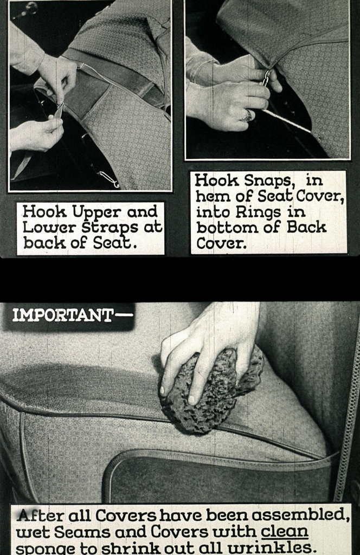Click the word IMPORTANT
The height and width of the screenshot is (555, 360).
(62, 315)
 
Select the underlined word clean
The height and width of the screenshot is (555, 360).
(284, 531)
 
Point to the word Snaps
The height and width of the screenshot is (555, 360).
(268, 181)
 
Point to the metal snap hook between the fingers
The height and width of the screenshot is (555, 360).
(266, 78)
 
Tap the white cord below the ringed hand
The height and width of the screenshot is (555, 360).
(286, 121)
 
